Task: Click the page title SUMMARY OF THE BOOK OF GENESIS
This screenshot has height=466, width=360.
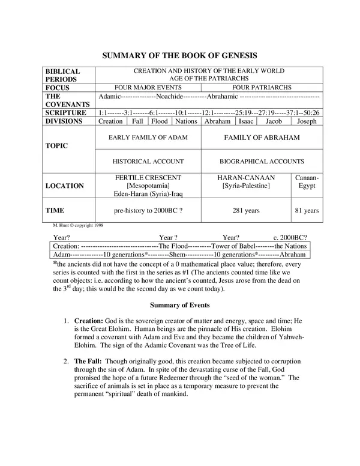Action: pyautogui.click(x=180, y=55)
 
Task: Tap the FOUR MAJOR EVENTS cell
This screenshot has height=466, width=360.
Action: pyautogui.click(x=148, y=87)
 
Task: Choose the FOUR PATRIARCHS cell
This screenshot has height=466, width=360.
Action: pyautogui.click(x=262, y=87)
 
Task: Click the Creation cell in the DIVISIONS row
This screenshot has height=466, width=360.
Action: pyautogui.click(x=110, y=121)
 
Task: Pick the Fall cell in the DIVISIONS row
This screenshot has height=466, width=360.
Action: pyautogui.click(x=137, y=121)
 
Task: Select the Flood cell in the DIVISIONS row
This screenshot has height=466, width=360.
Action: pyautogui.click(x=159, y=121)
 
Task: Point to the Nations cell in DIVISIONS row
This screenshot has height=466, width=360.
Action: pyautogui.click(x=186, y=121)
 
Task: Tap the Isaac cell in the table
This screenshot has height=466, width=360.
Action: pyautogui.click(x=246, y=121)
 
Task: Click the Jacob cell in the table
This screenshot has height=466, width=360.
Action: pyautogui.click(x=274, y=121)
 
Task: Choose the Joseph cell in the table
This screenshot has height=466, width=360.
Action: pyautogui.click(x=306, y=121)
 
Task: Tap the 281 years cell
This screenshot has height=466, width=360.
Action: pyautogui.click(x=245, y=211)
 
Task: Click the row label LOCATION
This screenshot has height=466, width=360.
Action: pyautogui.click(x=65, y=186)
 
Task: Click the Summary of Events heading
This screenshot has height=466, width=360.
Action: pyautogui.click(x=179, y=304)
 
